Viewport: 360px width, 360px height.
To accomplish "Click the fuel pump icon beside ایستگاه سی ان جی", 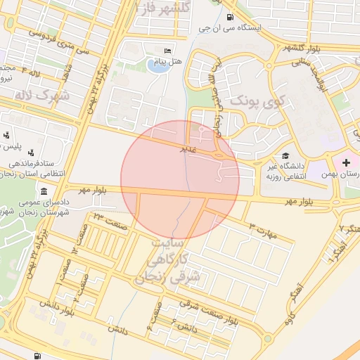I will coord(230,17).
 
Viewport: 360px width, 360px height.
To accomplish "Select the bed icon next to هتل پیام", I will coord(167,51).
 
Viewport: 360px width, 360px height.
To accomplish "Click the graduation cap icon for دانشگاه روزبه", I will coord(285,155).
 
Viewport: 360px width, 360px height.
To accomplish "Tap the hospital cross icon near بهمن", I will coord(346,163).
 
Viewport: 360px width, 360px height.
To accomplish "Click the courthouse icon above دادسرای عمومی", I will coord(44,192).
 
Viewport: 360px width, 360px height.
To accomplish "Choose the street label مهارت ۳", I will coord(263,230).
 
